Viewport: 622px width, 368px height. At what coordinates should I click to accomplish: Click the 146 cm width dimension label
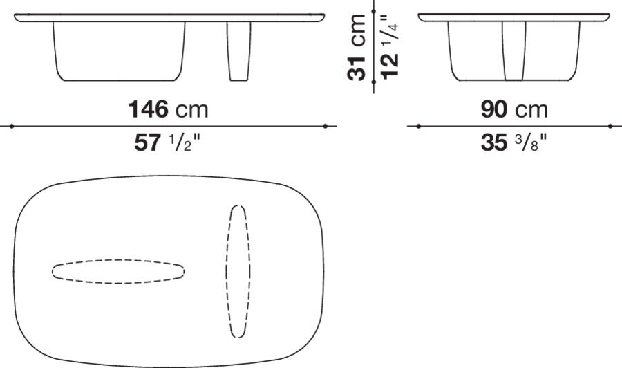click(169, 109)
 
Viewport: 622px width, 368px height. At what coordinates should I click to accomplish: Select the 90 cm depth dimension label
click(514, 109)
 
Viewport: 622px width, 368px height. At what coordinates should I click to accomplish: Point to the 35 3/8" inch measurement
click(514, 142)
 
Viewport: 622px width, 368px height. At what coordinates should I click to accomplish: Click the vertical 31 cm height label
click(358, 46)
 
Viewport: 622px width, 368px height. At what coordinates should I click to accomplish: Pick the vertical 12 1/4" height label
click(388, 46)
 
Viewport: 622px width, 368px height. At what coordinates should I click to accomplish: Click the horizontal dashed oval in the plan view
click(118, 271)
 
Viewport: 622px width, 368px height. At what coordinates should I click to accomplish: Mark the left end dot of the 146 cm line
click(12, 126)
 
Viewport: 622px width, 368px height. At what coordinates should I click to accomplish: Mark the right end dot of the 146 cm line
click(325, 126)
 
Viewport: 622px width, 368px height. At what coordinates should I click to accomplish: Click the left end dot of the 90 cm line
click(419, 126)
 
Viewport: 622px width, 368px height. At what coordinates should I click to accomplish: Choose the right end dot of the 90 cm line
click(610, 126)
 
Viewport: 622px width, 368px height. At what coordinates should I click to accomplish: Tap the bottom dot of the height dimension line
click(373, 82)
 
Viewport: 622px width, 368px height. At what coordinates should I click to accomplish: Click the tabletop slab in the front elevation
click(169, 17)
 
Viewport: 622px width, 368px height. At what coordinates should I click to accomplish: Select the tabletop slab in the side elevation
click(515, 17)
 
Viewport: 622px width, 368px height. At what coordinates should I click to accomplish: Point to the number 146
click(149, 109)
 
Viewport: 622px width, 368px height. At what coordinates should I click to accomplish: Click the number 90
click(496, 109)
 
